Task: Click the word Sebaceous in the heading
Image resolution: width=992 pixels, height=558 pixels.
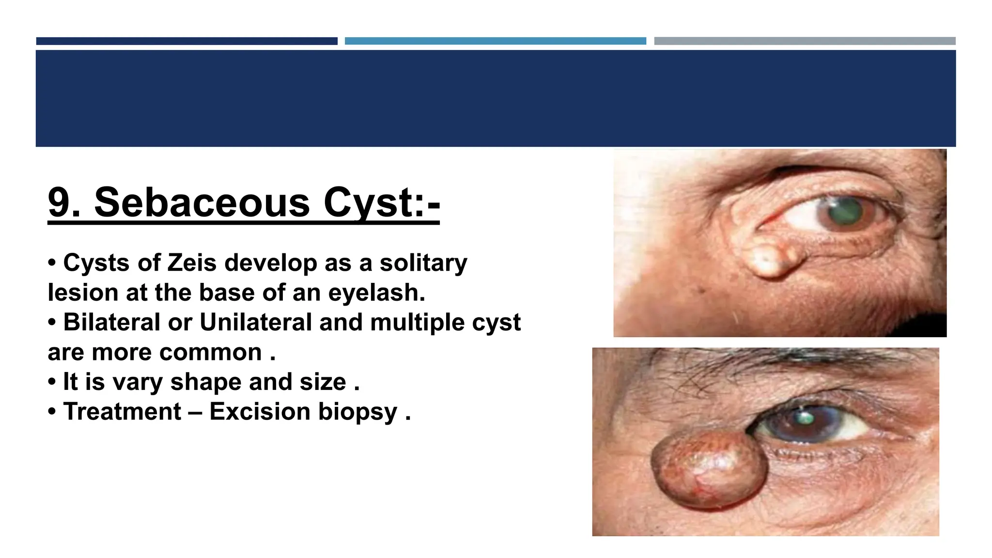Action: coord(201,203)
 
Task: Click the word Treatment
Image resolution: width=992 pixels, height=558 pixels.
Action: coord(122,412)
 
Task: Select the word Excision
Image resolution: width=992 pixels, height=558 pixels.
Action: coord(260,412)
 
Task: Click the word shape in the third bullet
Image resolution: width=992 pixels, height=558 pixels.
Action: coord(205,383)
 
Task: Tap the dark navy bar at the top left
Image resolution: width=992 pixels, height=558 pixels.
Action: coord(186,41)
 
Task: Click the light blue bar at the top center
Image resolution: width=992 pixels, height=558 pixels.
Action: coord(495,41)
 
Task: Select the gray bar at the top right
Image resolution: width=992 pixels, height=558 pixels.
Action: coord(805,41)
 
